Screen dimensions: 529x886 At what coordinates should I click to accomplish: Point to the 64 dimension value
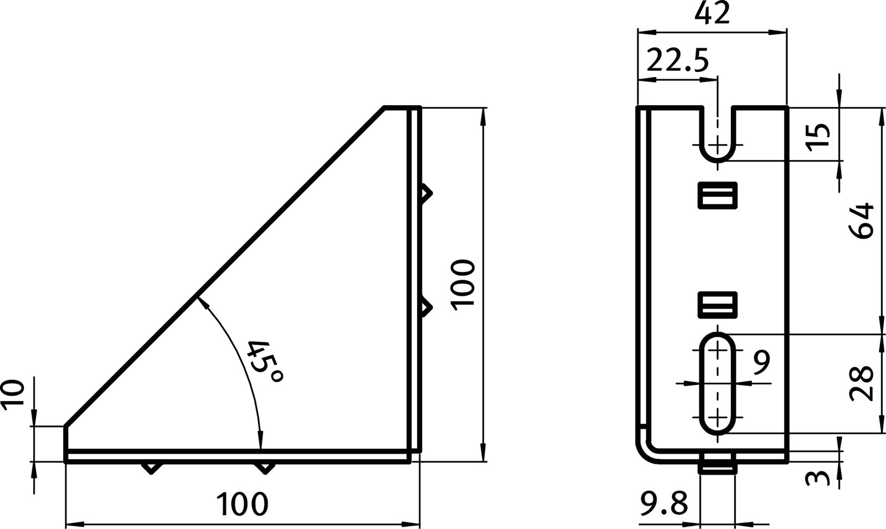pyautogui.click(x=862, y=221)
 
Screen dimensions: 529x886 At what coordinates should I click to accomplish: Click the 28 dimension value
pyautogui.click(x=862, y=383)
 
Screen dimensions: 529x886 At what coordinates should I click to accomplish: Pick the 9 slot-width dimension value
pyautogui.click(x=762, y=362)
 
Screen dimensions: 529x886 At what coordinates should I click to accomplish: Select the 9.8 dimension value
pyautogui.click(x=662, y=505)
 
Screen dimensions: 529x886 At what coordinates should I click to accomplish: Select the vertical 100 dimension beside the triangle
pyautogui.click(x=462, y=285)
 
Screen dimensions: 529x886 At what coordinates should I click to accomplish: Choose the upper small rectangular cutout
pyautogui.click(x=717, y=195)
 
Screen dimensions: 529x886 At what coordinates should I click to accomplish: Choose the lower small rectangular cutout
pyautogui.click(x=717, y=304)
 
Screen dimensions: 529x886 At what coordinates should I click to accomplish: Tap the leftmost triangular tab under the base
pyautogui.click(x=151, y=468)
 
